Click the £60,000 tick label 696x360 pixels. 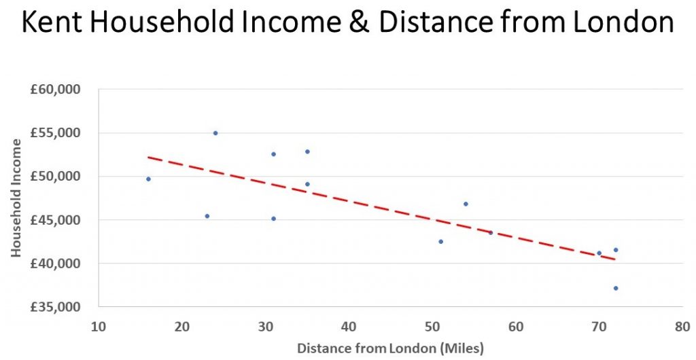(55, 89)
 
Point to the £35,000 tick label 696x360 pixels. (55, 307)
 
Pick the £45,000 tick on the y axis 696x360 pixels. (55, 220)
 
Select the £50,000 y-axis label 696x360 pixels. (55, 176)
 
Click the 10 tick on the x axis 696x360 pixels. (99, 326)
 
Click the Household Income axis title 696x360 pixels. (16, 198)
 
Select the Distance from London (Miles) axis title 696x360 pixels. (390, 348)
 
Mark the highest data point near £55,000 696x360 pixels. (215, 133)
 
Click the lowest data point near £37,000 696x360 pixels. (616, 288)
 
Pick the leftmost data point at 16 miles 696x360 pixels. (148, 179)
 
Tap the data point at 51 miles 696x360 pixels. (440, 241)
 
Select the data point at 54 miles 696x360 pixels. (466, 204)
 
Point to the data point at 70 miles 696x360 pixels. (599, 253)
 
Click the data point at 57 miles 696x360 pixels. (491, 232)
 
